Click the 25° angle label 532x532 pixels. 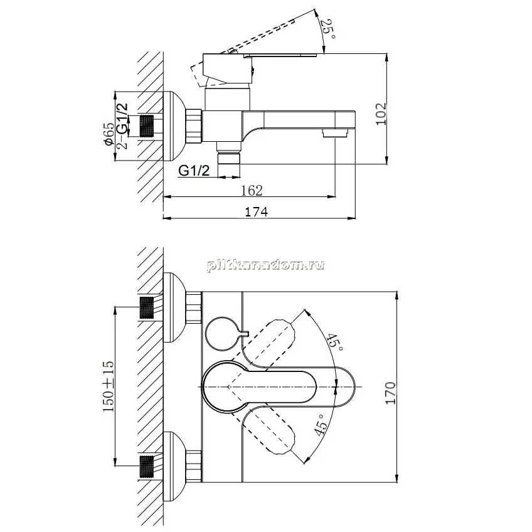coord(328,29)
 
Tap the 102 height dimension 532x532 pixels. coord(381,114)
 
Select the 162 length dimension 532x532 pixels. coord(252,190)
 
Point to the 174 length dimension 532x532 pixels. coord(256,211)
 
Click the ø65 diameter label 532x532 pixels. coord(109,134)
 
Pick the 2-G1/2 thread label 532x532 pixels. coord(122,126)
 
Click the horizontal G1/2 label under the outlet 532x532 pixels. coord(194,171)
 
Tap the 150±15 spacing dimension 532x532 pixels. coord(109,387)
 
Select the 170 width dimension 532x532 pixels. coord(390,393)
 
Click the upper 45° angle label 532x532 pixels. coord(335,343)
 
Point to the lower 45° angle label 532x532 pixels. coord(321,425)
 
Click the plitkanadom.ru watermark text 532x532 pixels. coord(265,265)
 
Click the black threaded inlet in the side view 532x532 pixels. coord(147,126)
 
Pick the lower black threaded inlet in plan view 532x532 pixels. coord(147,467)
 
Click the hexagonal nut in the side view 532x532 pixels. coord(194,125)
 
